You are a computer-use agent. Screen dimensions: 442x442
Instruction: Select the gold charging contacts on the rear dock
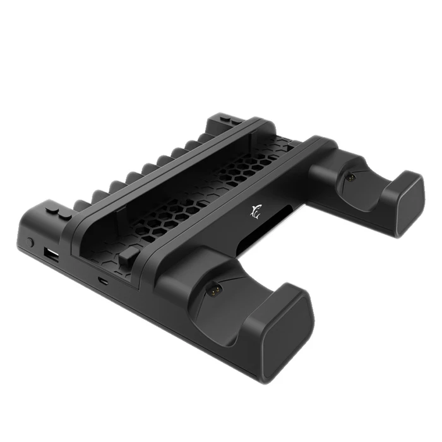pyautogui.click(x=349, y=178)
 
